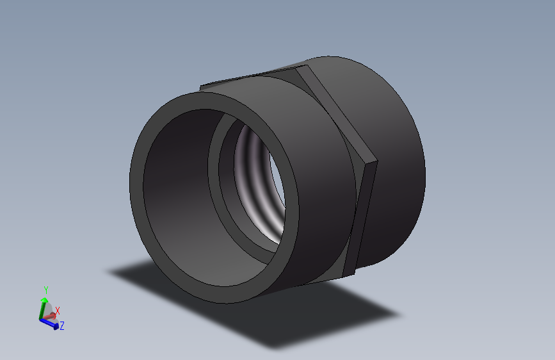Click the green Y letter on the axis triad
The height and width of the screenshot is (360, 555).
(x=46, y=290)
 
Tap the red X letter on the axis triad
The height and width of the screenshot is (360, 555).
(x=58, y=311)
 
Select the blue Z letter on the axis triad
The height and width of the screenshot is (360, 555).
(x=62, y=326)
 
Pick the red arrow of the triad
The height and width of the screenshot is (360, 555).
(x=51, y=316)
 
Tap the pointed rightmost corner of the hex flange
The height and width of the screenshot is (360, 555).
(x=374, y=162)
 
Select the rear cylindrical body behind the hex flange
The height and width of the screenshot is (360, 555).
(x=397, y=167)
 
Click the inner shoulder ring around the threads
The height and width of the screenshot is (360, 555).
(x=221, y=186)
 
